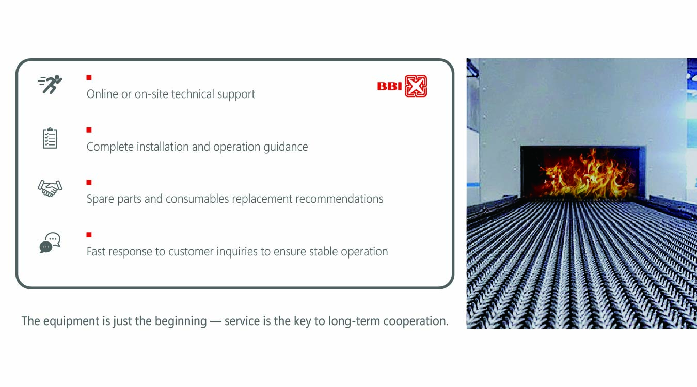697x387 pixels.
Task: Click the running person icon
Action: click(51, 84)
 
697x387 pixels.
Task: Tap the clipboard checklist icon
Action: click(50, 138)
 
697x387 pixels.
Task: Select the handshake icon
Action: click(50, 188)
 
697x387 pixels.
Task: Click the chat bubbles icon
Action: click(50, 243)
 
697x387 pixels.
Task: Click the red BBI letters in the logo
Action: click(390, 86)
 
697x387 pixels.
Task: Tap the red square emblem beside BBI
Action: click(416, 86)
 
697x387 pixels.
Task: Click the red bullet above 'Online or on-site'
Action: click(89, 77)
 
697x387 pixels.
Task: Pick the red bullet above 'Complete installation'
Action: click(89, 130)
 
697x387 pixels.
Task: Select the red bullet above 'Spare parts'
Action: click(89, 182)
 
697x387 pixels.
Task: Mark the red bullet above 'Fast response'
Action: click(89, 235)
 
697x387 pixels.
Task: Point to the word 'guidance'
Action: click(286, 147)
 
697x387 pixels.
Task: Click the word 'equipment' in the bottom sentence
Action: click(71, 321)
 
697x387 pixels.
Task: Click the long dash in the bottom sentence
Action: click(216, 321)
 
